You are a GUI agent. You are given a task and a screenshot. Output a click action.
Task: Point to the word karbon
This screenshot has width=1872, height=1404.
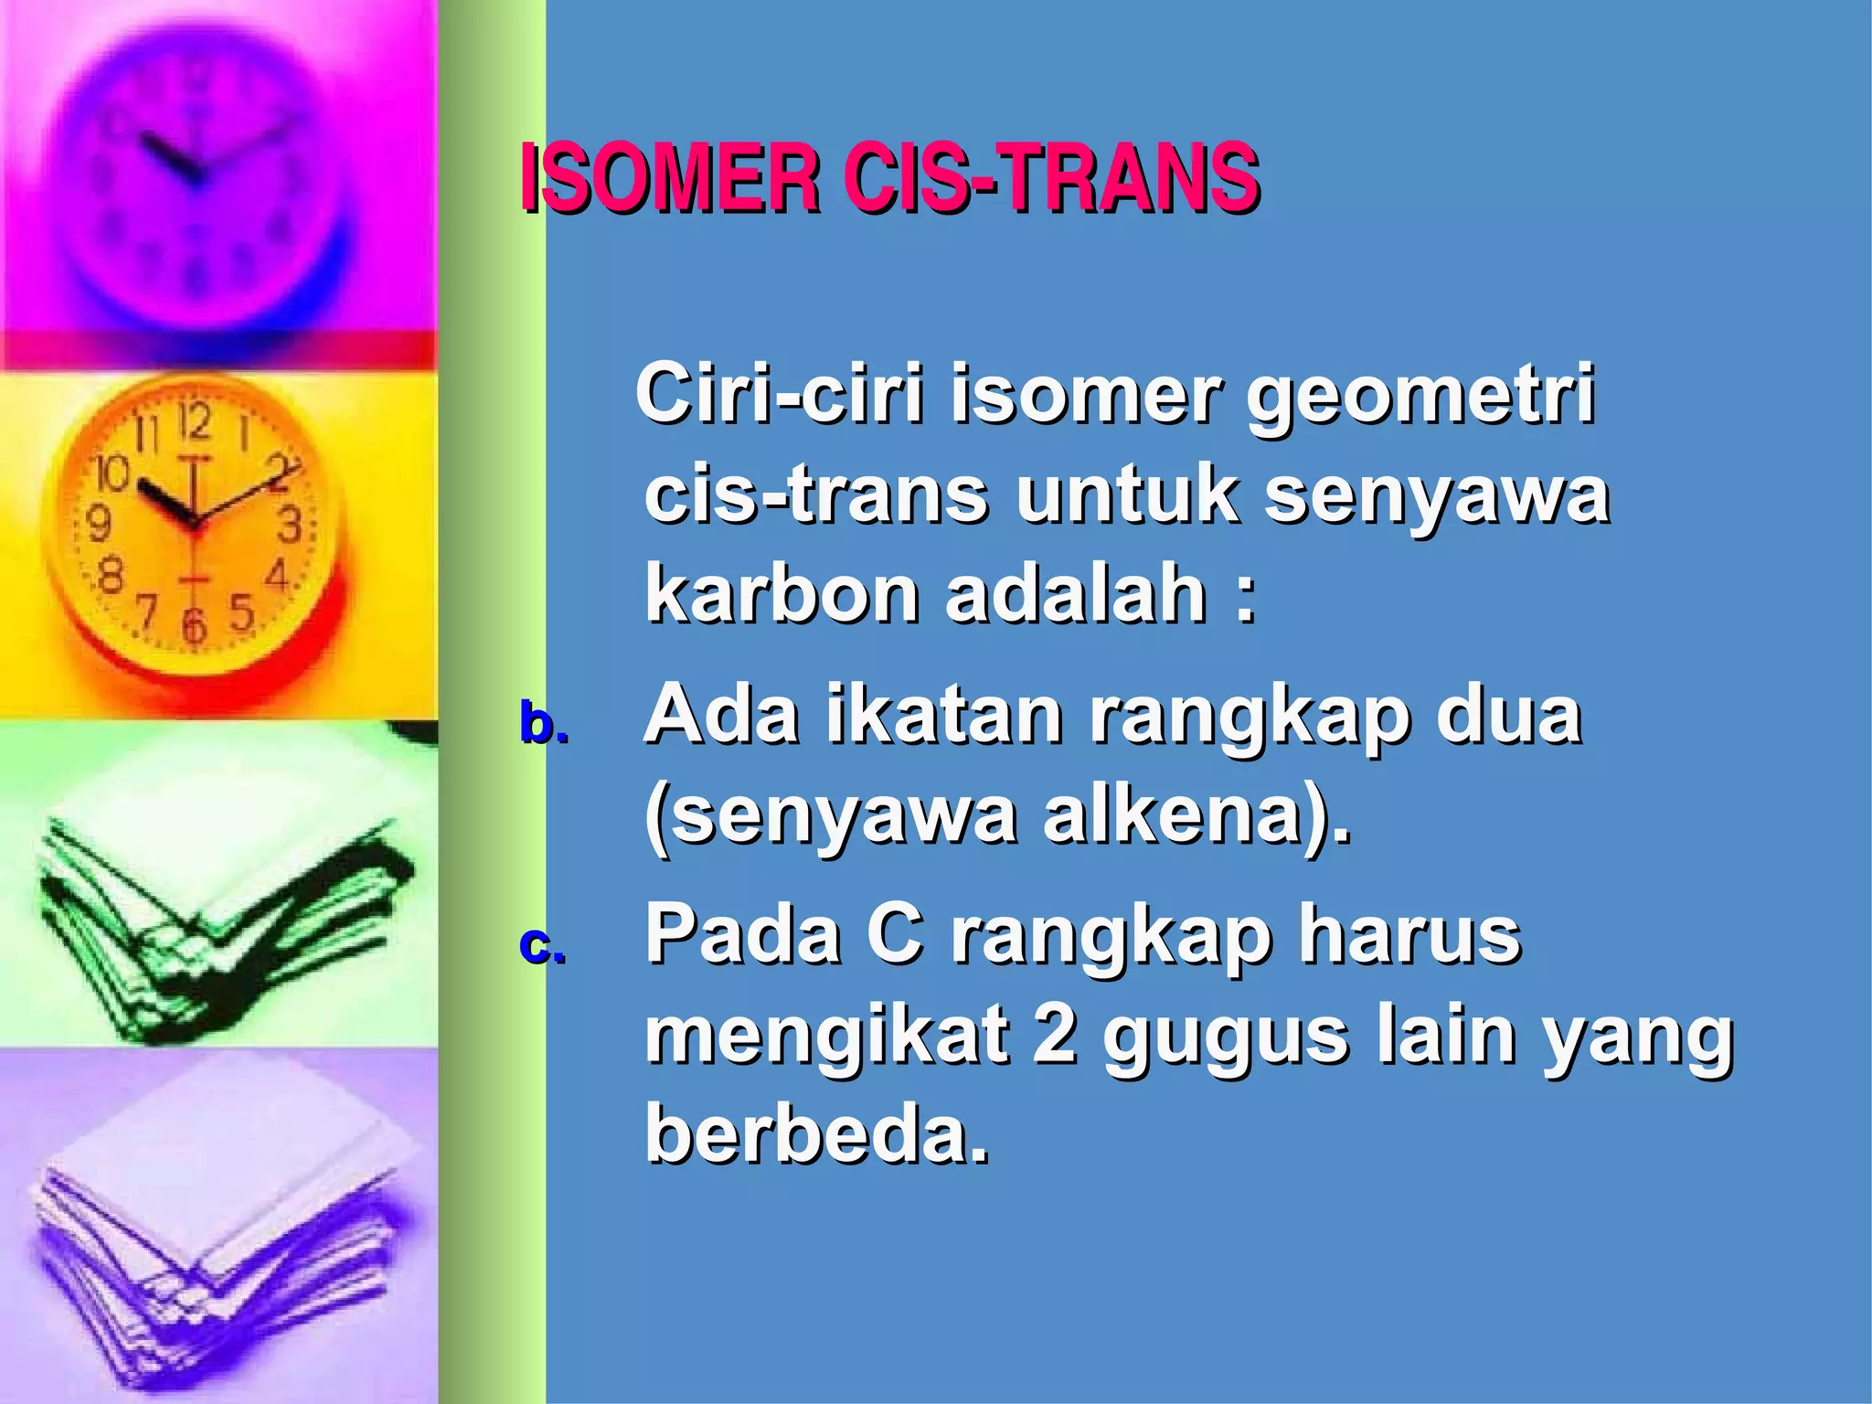click(782, 594)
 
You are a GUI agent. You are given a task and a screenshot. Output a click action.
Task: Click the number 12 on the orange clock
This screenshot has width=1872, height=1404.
click(195, 422)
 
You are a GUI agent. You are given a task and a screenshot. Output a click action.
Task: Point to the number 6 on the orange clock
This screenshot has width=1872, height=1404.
click(193, 625)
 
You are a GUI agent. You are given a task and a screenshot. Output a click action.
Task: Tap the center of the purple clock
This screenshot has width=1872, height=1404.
click(192, 174)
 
